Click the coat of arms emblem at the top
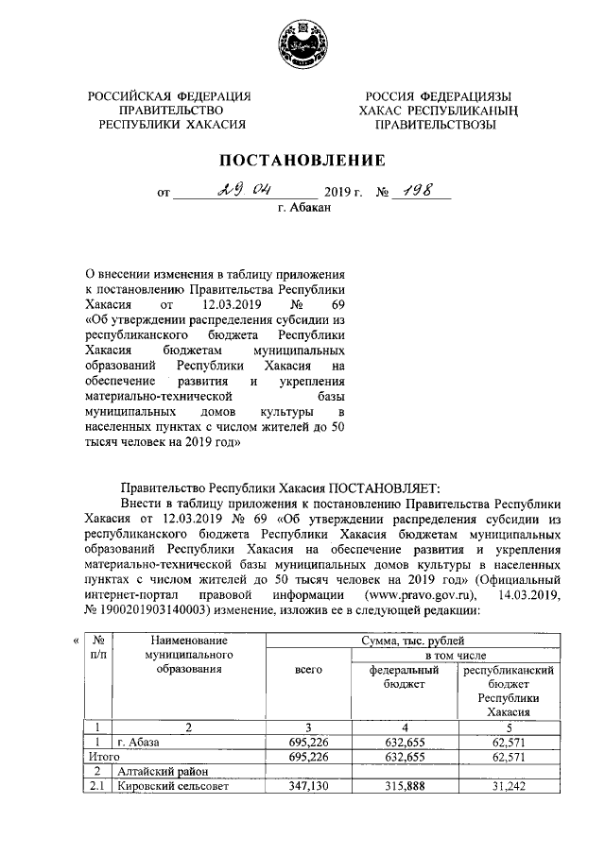302,43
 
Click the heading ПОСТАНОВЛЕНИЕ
302,160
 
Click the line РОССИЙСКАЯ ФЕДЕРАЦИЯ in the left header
170,96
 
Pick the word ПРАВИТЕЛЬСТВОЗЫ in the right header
435,125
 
